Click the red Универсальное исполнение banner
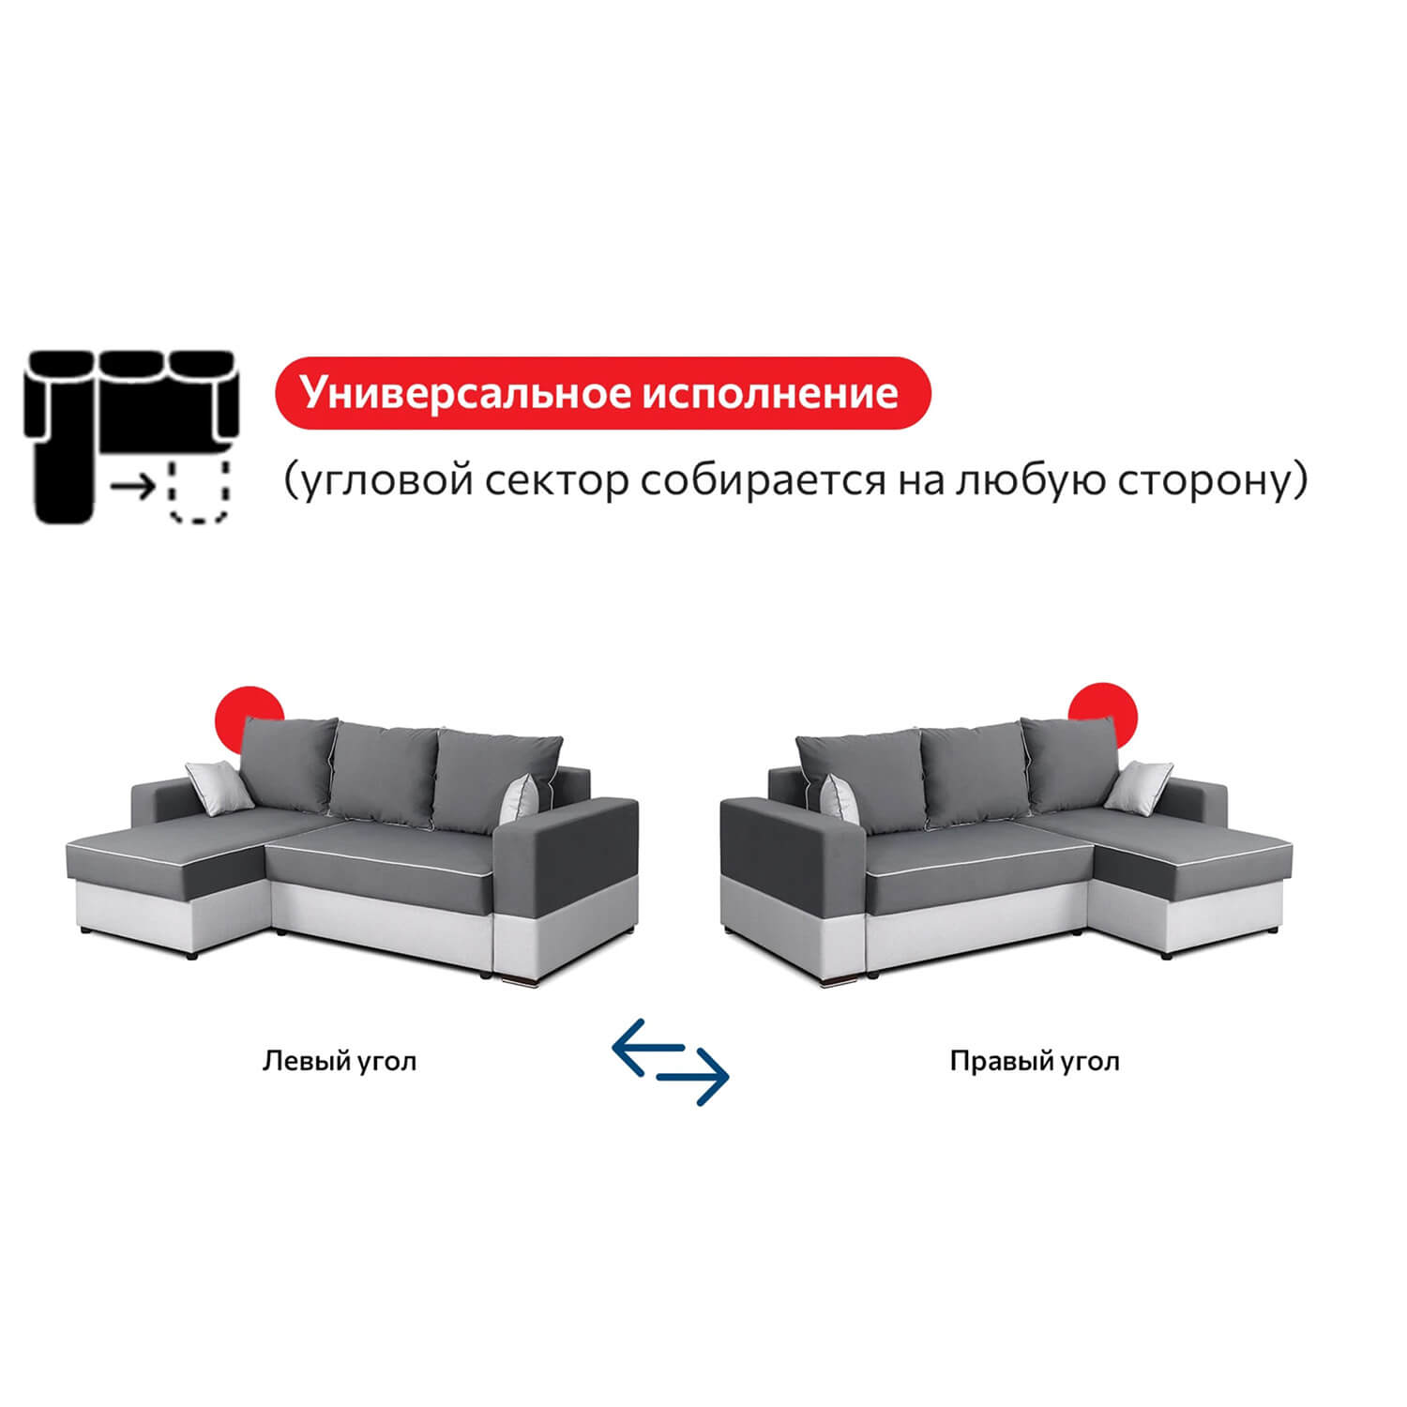pos(602,393)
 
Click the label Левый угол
pos(340,1061)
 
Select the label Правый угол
pos(1035,1061)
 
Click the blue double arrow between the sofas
pos(670,1061)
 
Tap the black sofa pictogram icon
pos(134,436)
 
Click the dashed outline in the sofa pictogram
pos(198,490)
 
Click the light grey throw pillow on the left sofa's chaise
pos(219,784)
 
